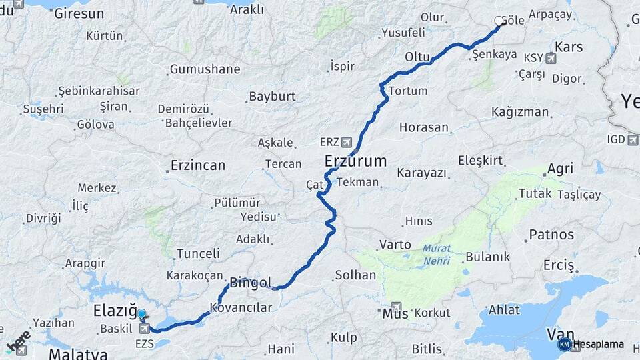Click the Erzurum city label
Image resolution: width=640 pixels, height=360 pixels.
(x=355, y=161)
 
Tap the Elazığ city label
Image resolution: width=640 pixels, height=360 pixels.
(x=115, y=311)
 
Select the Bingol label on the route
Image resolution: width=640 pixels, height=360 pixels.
(x=250, y=283)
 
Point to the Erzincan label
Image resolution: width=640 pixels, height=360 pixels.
(x=197, y=165)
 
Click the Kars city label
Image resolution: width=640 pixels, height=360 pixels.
(x=568, y=47)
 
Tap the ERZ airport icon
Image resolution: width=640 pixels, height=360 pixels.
(x=346, y=142)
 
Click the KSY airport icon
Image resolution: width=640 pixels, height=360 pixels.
(x=550, y=58)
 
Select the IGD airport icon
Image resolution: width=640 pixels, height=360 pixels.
(x=633, y=139)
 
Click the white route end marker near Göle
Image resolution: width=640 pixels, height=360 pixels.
(x=499, y=21)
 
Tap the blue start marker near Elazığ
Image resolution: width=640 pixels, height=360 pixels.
(x=141, y=313)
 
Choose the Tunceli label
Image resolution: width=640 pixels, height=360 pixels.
(x=198, y=253)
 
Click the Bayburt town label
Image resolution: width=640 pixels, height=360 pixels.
(x=272, y=97)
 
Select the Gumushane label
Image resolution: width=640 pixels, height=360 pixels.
(x=205, y=69)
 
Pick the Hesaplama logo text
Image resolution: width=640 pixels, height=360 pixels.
(x=598, y=345)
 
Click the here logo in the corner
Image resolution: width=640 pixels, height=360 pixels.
(x=18, y=341)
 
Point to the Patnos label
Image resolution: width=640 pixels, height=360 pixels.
(x=551, y=235)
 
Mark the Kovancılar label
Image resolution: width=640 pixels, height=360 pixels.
(x=241, y=307)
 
